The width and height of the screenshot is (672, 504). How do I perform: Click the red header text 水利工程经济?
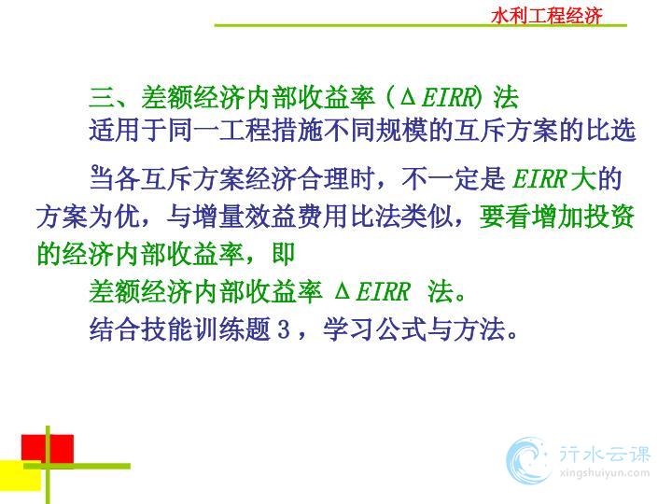point(546,16)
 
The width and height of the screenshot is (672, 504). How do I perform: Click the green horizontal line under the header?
point(420,26)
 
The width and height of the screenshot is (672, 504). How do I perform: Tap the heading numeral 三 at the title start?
point(102,97)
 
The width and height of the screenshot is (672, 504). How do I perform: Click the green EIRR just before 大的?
point(540,178)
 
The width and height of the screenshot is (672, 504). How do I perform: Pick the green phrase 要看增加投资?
point(556,216)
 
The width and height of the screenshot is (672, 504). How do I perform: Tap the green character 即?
point(284,254)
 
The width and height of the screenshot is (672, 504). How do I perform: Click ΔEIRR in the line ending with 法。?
point(372,291)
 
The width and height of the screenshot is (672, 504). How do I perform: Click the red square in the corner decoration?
point(48,450)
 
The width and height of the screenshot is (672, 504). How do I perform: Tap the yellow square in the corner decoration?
point(21,476)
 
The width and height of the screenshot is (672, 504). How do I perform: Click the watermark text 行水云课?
point(605,455)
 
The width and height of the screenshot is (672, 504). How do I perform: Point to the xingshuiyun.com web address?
point(605,473)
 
